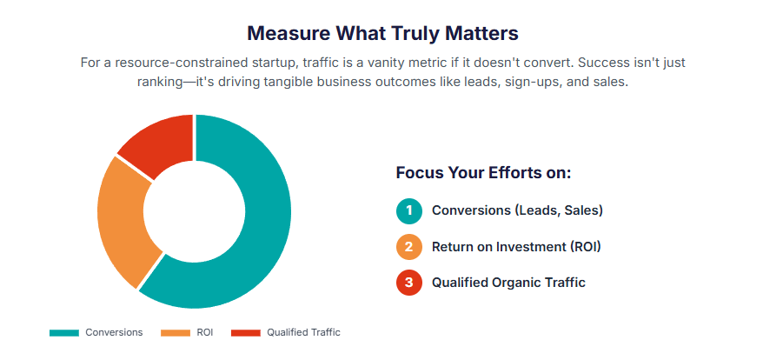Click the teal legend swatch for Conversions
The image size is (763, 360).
(64, 332)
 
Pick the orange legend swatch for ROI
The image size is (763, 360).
(175, 332)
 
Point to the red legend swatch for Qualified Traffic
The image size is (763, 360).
(246, 332)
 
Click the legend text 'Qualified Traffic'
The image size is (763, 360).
(303, 332)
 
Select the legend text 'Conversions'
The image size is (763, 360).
(114, 332)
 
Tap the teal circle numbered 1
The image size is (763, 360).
(408, 210)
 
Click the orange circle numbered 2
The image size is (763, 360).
(408, 246)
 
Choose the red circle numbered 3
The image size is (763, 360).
(408, 282)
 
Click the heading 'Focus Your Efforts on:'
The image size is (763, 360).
(483, 172)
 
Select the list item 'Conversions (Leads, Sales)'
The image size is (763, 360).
(517, 210)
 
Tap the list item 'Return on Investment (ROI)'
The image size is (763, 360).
(516, 246)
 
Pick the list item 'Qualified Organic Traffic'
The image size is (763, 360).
(508, 282)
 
